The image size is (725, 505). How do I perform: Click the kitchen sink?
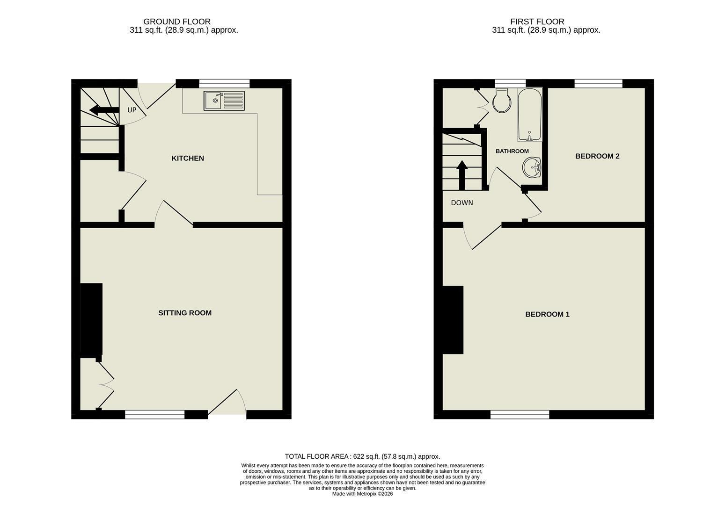click(224, 101)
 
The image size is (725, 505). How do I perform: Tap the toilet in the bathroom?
click(502, 100)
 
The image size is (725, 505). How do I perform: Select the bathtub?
click(529, 114)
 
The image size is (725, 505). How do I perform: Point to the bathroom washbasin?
click(532, 167)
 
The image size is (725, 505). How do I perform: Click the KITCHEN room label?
click(188, 159)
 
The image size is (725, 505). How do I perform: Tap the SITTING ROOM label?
click(185, 313)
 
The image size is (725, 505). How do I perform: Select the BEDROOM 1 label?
click(547, 314)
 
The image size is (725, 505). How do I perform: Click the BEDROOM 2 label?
click(597, 156)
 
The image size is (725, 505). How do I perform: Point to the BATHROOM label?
click(512, 151)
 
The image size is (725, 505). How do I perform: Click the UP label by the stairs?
click(132, 110)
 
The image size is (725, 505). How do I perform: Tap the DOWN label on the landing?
click(462, 203)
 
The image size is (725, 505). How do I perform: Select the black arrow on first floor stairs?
click(462, 175)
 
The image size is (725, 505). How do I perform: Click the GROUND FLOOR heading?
click(177, 22)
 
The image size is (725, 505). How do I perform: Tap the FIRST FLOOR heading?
click(537, 22)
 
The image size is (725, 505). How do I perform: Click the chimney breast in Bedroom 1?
click(453, 320)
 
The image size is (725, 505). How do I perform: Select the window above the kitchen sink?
click(224, 84)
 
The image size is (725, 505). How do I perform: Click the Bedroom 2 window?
click(599, 84)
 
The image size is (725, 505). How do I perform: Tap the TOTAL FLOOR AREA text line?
click(362, 456)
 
